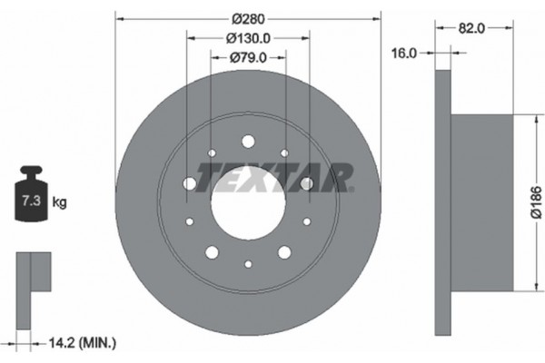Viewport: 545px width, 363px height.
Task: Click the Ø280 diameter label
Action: pos(248,19)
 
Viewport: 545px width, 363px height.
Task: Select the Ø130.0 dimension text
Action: pos(248,38)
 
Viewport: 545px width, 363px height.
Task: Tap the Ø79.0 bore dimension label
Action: pos(248,58)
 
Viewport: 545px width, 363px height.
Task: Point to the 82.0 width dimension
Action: pos(471,28)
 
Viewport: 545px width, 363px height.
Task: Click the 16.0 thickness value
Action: pos(404,54)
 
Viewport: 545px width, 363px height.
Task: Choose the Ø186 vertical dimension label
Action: pos(537,202)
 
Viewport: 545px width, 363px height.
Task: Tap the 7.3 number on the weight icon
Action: pos(31,201)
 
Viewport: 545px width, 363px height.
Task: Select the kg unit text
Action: pos(59,201)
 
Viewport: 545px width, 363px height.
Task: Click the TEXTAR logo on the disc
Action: pos(274,178)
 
